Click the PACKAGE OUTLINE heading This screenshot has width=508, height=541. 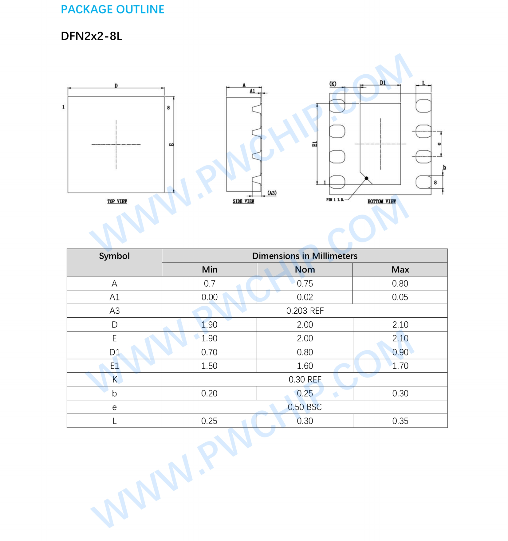112,10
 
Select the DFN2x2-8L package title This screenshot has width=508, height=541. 91,36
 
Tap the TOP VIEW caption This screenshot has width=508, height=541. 117,201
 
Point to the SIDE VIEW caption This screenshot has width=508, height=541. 243,201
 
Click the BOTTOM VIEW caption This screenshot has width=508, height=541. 382,201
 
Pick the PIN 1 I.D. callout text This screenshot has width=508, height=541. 335,200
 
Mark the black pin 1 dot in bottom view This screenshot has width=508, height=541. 366,178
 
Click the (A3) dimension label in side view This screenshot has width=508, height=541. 272,193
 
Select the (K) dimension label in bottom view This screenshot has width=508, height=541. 333,84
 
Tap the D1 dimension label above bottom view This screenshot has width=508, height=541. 383,83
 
